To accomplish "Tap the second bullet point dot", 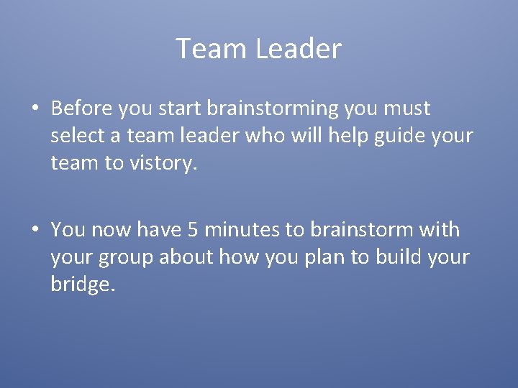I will pyautogui.click(x=35, y=231).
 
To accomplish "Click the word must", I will pyautogui.click(x=406, y=108).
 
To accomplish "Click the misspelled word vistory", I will pyautogui.click(x=162, y=164).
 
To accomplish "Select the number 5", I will pyautogui.click(x=192, y=230).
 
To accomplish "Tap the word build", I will pyautogui.click(x=400, y=257).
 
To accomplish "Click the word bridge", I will pyautogui.click(x=81, y=285).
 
